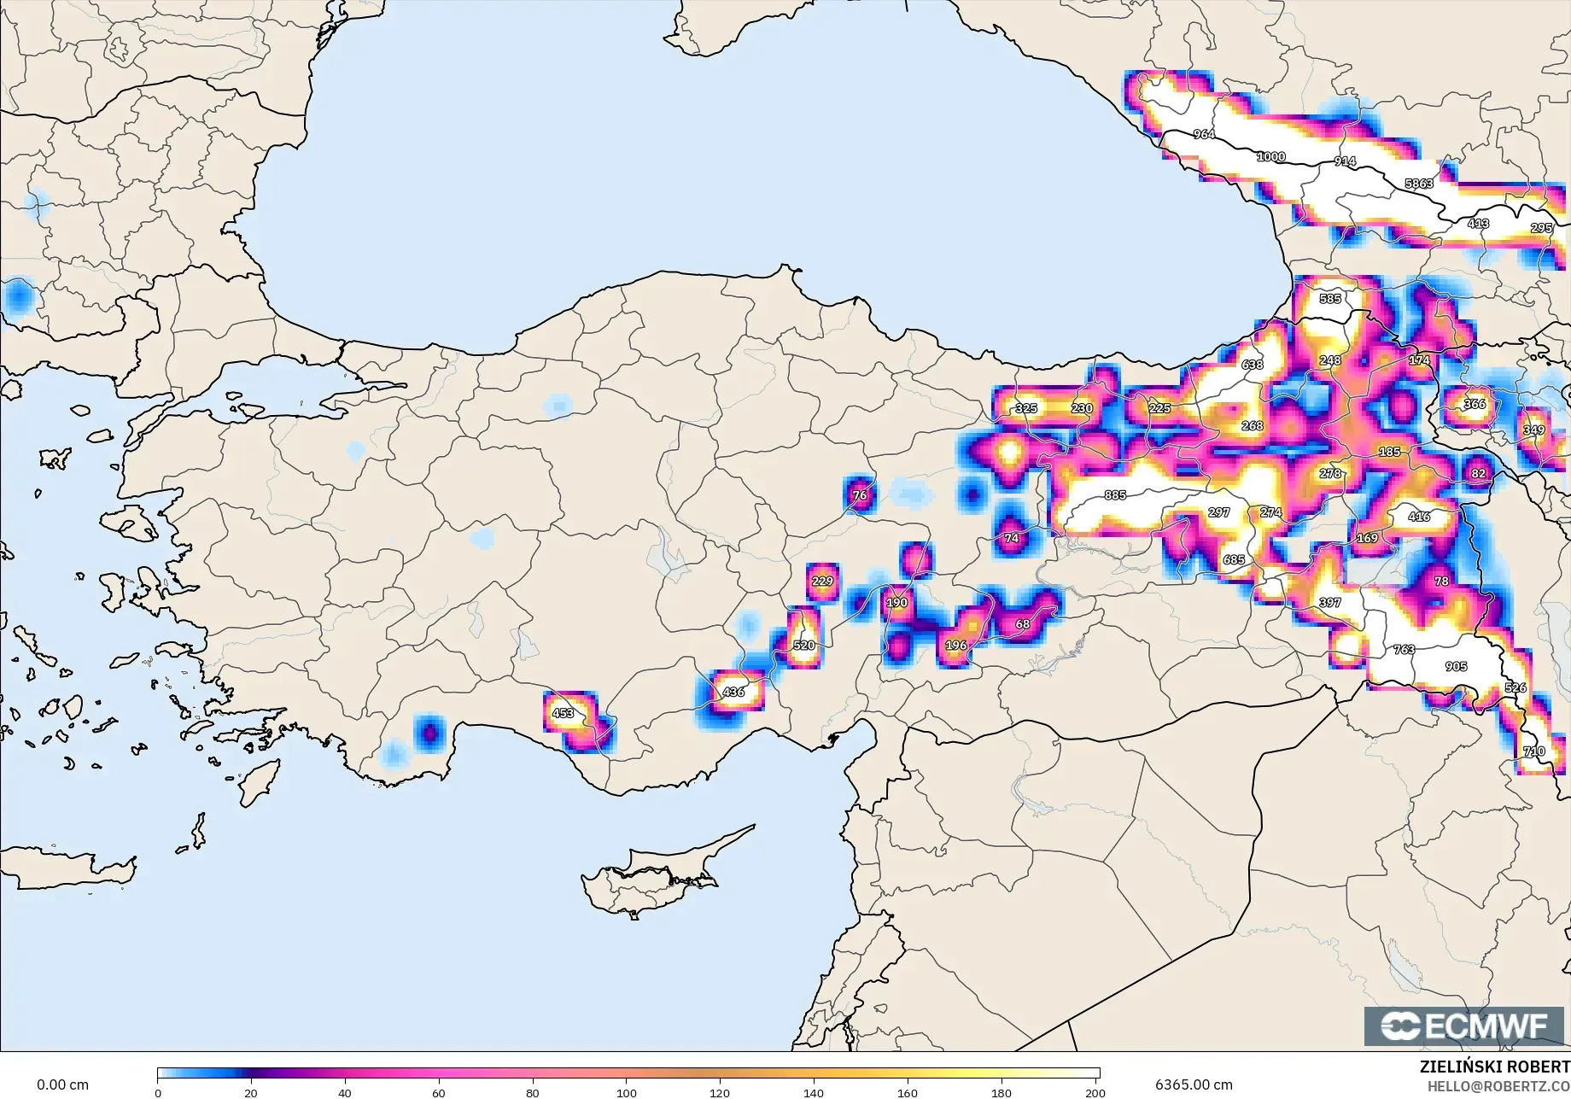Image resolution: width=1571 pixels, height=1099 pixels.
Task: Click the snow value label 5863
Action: tap(1419, 184)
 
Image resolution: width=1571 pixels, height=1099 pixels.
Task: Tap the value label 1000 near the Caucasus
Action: tap(1270, 157)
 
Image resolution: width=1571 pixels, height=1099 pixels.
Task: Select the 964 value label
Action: tap(1204, 134)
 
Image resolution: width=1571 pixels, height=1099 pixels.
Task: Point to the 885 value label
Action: tap(1115, 495)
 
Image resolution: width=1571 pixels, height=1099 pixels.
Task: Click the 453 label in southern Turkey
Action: tap(563, 713)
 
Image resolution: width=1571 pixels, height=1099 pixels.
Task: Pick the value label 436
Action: tap(733, 692)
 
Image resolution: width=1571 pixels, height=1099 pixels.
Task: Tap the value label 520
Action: tap(804, 646)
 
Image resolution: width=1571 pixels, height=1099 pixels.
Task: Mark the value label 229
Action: tap(822, 582)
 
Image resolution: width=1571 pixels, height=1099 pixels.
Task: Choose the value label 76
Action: tap(860, 495)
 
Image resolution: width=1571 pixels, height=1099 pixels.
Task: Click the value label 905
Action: tap(1457, 667)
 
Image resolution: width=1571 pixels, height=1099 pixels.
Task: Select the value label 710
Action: tap(1533, 751)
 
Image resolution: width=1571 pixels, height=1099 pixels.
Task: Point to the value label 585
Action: tap(1330, 299)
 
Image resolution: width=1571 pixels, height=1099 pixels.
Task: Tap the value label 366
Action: tap(1475, 404)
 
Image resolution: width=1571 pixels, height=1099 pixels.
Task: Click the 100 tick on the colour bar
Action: tap(627, 1093)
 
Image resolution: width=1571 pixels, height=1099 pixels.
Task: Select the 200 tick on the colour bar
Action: tap(1095, 1093)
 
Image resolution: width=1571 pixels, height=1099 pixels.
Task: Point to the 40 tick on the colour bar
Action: tap(345, 1093)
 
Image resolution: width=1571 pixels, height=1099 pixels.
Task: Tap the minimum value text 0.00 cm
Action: tap(62, 1085)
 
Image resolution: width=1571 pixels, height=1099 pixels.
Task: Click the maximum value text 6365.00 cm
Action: tap(1194, 1085)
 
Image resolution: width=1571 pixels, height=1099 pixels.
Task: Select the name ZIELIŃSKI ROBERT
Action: tap(1494, 1067)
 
